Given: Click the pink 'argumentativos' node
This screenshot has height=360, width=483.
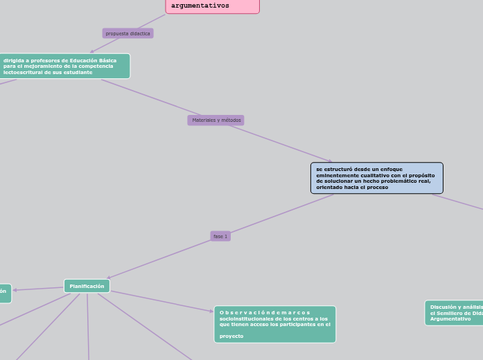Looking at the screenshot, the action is (x=212, y=6).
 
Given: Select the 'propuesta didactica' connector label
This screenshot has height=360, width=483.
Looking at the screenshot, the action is (x=128, y=33).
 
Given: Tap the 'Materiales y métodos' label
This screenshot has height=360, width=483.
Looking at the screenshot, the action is (x=216, y=120).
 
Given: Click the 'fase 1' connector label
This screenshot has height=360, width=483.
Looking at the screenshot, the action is (x=220, y=236).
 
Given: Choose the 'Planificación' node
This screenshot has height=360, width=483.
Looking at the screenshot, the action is (x=87, y=286).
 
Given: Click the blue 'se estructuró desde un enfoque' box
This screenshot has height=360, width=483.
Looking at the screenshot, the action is (x=376, y=178).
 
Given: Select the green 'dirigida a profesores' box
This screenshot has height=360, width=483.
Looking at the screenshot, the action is (x=64, y=66).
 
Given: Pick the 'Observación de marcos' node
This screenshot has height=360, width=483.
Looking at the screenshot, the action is (x=274, y=324).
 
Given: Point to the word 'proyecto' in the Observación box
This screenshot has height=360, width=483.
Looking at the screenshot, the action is (x=231, y=336).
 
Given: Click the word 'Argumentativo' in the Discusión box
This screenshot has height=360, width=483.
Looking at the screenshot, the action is (x=450, y=319).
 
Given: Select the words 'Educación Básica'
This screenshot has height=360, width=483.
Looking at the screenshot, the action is (x=96, y=60).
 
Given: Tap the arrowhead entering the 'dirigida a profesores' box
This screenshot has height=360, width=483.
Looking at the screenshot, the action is (x=92, y=52).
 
